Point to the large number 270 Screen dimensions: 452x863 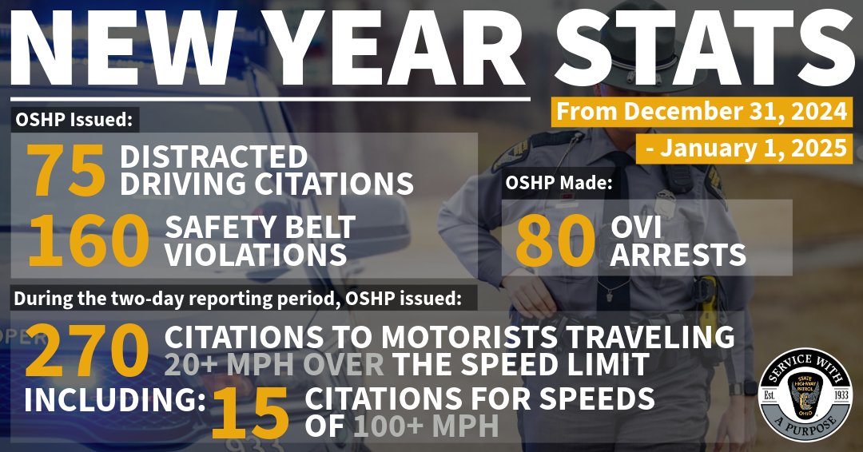[x=88, y=351]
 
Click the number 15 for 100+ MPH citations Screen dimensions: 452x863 [x=249, y=411]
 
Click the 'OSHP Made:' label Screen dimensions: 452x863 [x=559, y=183]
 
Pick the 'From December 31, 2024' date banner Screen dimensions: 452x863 [x=702, y=111]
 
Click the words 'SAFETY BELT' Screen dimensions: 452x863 [x=260, y=227]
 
